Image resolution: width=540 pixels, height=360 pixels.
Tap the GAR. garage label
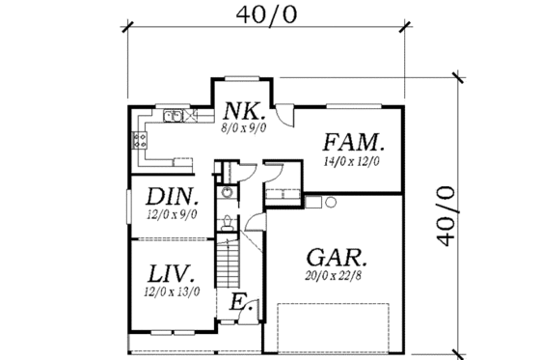tap(336, 258)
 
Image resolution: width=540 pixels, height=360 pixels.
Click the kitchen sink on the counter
tap(175, 117)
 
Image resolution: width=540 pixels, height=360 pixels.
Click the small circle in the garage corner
tap(329, 202)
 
